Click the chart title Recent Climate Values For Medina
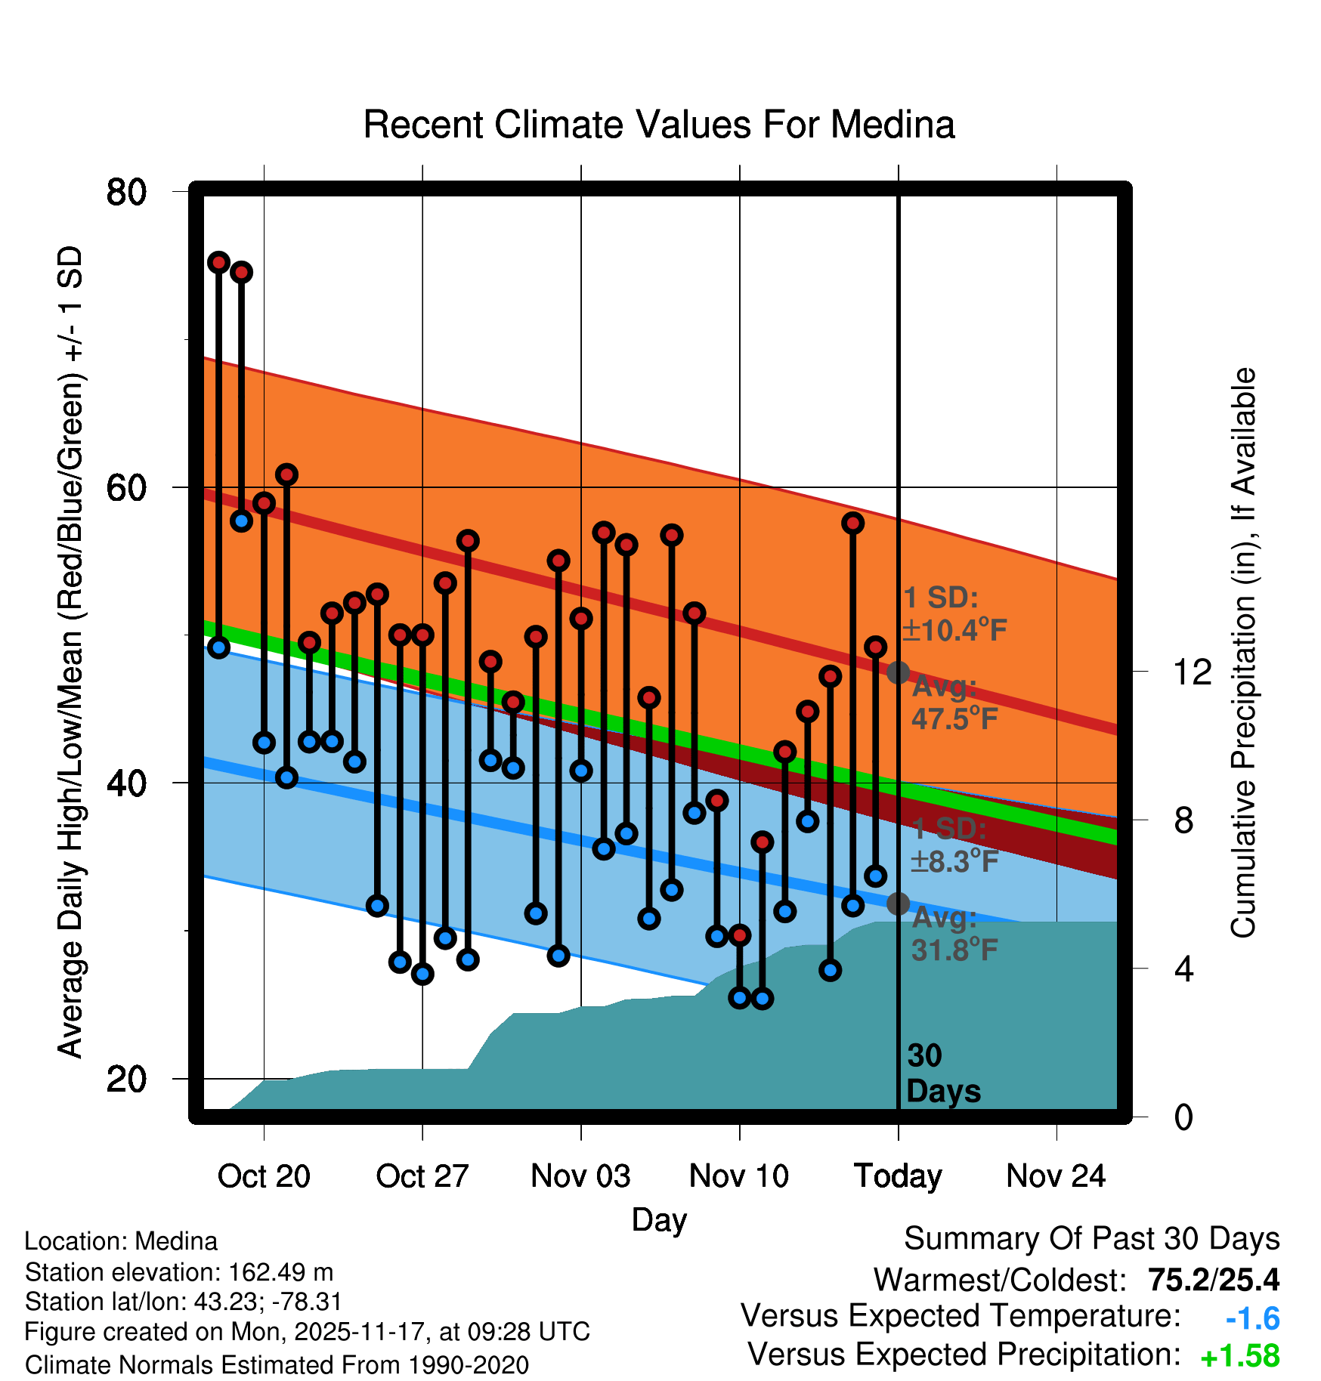pyautogui.click(x=659, y=125)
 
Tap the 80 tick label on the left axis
pyautogui.click(x=126, y=192)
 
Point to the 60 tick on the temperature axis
pyautogui.click(x=126, y=488)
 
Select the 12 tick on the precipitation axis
pyautogui.click(x=1192, y=672)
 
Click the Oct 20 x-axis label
pyautogui.click(x=264, y=1176)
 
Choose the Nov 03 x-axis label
pyautogui.click(x=580, y=1176)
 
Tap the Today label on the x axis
pyautogui.click(x=898, y=1176)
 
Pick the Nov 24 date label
pyautogui.click(x=1056, y=1176)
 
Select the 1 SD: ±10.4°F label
pyautogui.click(x=954, y=613)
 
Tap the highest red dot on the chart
pyautogui.click(x=219, y=262)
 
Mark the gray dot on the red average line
pyautogui.click(x=898, y=672)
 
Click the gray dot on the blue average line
pyautogui.click(x=898, y=903)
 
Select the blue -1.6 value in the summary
pyautogui.click(x=1252, y=1319)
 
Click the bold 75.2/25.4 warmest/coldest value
pyautogui.click(x=1214, y=1280)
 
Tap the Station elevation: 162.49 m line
pyautogui.click(x=179, y=1272)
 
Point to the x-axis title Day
pyautogui.click(x=659, y=1219)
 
